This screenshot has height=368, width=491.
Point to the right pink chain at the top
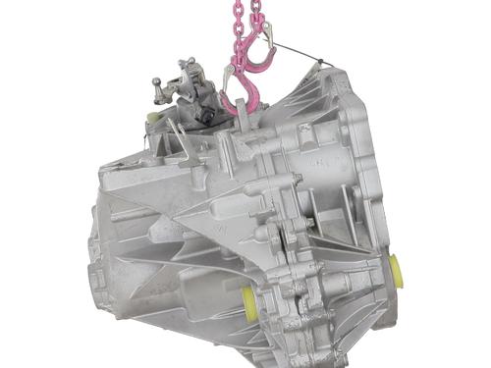(x=257, y=14)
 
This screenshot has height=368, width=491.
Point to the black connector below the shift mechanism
(x=205, y=116)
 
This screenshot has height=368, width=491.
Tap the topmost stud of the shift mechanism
(x=185, y=65)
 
